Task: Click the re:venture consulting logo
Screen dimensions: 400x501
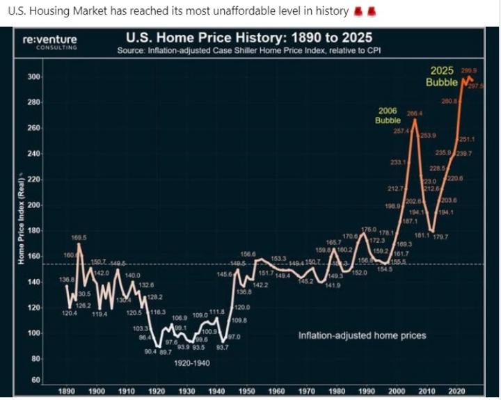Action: (x=49, y=42)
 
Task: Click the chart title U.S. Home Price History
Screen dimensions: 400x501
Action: (x=248, y=38)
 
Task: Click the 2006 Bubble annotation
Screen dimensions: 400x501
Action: (x=388, y=115)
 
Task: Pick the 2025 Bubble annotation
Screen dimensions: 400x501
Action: (x=442, y=77)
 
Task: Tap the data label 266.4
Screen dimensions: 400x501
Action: (x=415, y=113)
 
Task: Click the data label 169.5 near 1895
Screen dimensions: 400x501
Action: (x=79, y=238)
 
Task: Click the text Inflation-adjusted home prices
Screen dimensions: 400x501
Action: (x=362, y=335)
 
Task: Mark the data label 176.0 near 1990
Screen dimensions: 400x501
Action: (x=369, y=229)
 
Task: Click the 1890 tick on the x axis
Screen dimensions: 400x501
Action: (x=68, y=391)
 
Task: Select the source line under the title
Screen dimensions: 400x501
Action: (x=248, y=51)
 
